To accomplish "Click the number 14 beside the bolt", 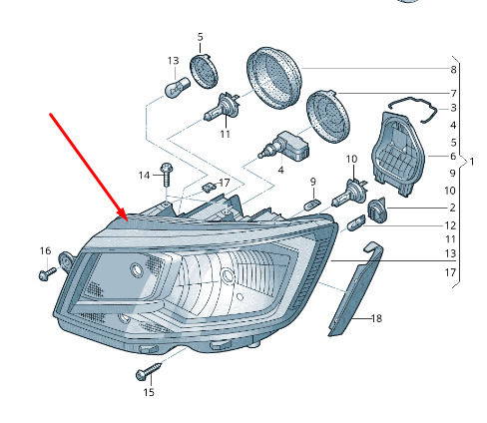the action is [144, 176].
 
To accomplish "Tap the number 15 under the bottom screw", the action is [149, 392].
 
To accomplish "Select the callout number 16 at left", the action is [45, 250].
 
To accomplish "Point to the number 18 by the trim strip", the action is [376, 318].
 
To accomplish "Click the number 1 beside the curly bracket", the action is [471, 162].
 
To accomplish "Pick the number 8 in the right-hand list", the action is [453, 70].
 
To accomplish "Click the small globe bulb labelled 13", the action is [178, 88].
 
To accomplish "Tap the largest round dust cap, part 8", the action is [273, 78].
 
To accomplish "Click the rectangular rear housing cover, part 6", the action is [398, 154].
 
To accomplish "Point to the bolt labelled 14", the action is [167, 175].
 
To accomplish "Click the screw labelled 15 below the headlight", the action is [149, 371].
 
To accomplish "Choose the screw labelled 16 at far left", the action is [47, 274].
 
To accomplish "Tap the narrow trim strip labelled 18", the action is [355, 288].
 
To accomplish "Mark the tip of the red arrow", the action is [128, 220].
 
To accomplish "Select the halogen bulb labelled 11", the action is [222, 107].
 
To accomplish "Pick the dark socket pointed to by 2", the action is [377, 211].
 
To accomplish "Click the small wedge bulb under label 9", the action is [312, 205].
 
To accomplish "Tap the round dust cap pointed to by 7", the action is [327, 117].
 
